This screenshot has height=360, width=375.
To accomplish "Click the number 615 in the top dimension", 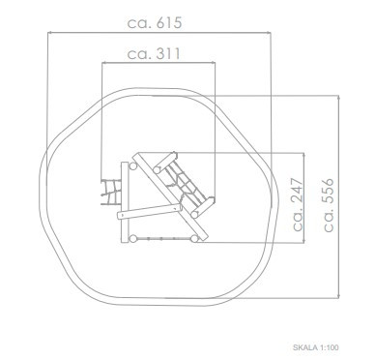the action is (x=169, y=23).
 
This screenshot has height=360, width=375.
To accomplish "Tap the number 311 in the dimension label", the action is (x=168, y=53).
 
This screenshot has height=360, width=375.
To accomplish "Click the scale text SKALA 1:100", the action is (x=316, y=347).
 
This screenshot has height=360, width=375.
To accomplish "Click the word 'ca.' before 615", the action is (x=139, y=24).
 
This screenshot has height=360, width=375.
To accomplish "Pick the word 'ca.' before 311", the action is (x=139, y=55).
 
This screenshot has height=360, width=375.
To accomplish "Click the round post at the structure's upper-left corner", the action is (x=132, y=166).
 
